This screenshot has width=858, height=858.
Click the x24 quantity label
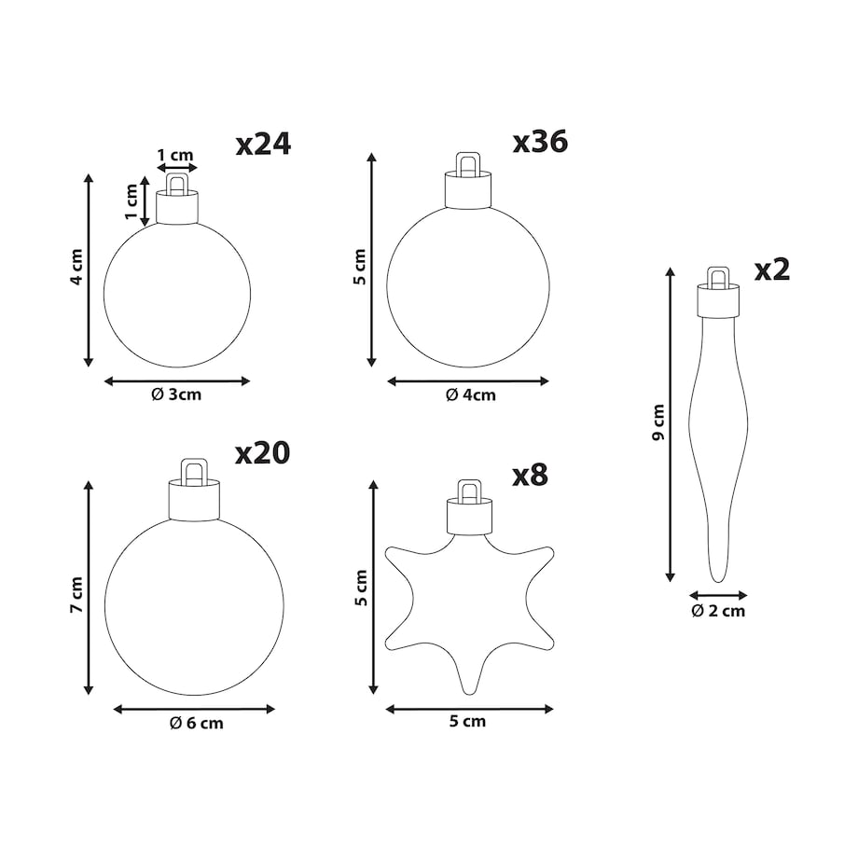click(x=263, y=145)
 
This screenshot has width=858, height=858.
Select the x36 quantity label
click(x=540, y=142)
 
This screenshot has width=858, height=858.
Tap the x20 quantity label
click(x=263, y=453)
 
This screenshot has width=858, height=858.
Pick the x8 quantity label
click(x=530, y=475)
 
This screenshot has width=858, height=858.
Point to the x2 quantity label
click(x=772, y=270)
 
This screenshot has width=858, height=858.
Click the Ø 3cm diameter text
click(x=176, y=394)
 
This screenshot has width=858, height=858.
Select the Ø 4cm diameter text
click(x=471, y=395)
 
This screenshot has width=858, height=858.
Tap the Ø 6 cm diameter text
click(x=197, y=724)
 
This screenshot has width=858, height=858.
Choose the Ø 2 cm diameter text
click(x=718, y=611)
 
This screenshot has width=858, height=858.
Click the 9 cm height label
click(x=658, y=422)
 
